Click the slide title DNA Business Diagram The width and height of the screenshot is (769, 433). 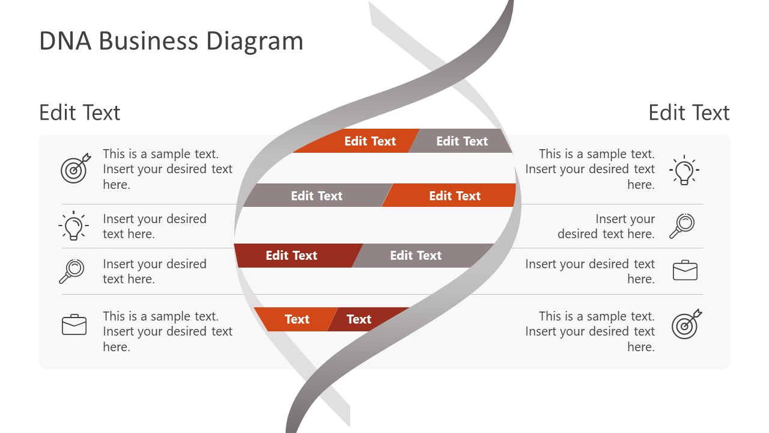point(171,41)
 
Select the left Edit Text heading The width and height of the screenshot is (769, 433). point(80,112)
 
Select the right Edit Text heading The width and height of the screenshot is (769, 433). point(689,112)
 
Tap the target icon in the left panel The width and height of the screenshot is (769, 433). point(75,168)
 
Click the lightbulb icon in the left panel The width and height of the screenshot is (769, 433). point(73,226)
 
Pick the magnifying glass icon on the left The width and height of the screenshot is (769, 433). point(72,271)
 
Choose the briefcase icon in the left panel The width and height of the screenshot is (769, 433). point(74,325)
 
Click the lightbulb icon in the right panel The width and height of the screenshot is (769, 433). point(684,170)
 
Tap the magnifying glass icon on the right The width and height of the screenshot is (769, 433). point(682,226)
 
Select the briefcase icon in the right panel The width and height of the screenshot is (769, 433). point(685,271)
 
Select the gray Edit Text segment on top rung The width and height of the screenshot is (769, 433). point(462,141)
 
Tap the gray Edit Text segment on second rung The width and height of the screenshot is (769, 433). point(317,195)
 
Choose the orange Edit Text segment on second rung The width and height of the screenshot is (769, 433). point(455,195)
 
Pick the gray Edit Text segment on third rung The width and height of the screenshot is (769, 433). point(416,256)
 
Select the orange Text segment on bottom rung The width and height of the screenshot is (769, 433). point(296,319)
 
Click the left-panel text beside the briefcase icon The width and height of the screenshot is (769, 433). point(167,331)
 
